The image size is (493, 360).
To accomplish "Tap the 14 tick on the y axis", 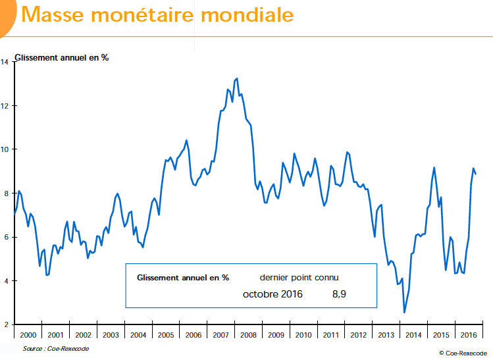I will click(x=5, y=62).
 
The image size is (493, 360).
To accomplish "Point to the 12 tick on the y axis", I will click(x=5, y=105).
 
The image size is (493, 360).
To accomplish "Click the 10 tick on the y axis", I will click(x=5, y=149).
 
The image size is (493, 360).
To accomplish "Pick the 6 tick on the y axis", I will click(x=5, y=237).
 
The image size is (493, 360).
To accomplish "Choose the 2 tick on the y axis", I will click(x=5, y=324).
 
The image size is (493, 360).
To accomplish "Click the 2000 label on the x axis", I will click(x=28, y=334).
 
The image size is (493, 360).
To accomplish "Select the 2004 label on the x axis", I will click(x=138, y=334).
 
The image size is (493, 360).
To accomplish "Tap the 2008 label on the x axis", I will click(x=248, y=334).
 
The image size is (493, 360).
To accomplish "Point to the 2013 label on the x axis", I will click(x=386, y=334).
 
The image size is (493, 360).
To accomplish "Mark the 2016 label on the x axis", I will click(x=469, y=334).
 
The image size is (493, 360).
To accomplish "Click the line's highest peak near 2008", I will click(x=237, y=78).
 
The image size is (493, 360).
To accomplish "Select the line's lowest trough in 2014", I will click(x=404, y=313).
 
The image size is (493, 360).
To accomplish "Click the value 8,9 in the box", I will click(x=339, y=294).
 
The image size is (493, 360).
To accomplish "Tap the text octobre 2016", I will click(x=272, y=294).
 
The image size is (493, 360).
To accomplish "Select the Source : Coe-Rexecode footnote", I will click(x=55, y=349).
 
